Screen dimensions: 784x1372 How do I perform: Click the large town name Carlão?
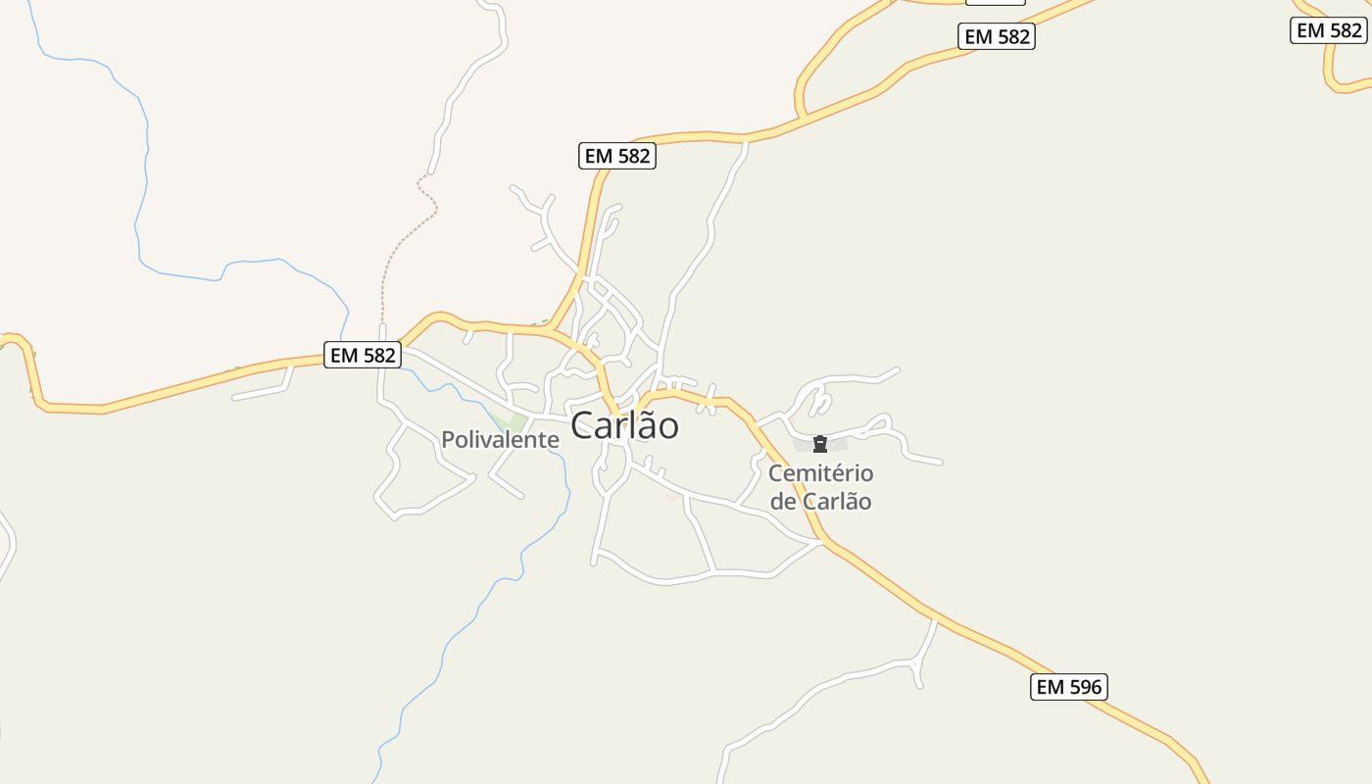coord(624,425)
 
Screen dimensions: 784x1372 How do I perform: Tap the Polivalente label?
coord(500,440)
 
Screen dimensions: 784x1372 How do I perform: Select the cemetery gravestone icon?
coord(820,445)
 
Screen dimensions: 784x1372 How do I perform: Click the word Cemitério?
coord(821,473)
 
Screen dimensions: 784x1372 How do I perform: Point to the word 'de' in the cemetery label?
coord(784,502)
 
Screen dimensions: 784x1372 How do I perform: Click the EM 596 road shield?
coord(1069,687)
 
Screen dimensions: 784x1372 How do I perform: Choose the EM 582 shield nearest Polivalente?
coord(363,355)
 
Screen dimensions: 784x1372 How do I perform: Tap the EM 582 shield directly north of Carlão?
coord(617,156)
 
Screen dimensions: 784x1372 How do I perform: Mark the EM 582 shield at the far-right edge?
coord(1329,30)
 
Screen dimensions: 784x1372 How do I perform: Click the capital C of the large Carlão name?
coord(583,425)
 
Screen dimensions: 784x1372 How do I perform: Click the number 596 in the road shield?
coord(1083,687)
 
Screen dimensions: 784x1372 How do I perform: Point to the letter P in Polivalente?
coord(448,440)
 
